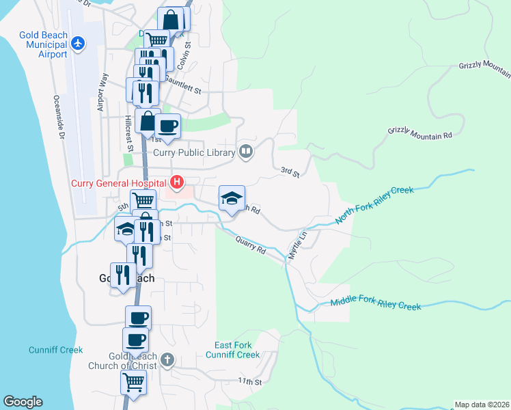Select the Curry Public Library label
194,152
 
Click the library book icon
246,152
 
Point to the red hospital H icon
177,182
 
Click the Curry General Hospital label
118,183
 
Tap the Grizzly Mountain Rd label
420,133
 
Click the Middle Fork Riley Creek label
375,304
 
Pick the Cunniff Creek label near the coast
55,350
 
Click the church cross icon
168,359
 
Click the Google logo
23,402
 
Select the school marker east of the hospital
232,198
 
